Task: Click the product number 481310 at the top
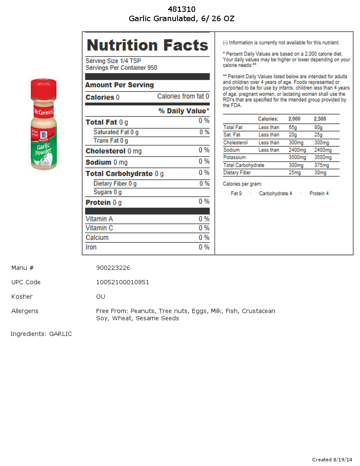182,9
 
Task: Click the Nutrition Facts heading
147,45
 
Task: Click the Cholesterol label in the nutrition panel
105,151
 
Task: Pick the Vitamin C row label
100,228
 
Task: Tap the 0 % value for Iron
204,247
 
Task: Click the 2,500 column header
320,119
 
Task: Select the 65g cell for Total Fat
293,128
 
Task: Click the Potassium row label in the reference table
234,158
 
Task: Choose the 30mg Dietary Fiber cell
320,173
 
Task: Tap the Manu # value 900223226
113,268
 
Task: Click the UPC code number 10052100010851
122,282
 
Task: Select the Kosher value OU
100,297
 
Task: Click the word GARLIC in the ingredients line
61,334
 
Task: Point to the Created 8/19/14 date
332,460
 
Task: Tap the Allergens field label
25,311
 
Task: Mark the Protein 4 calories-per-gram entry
319,194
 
